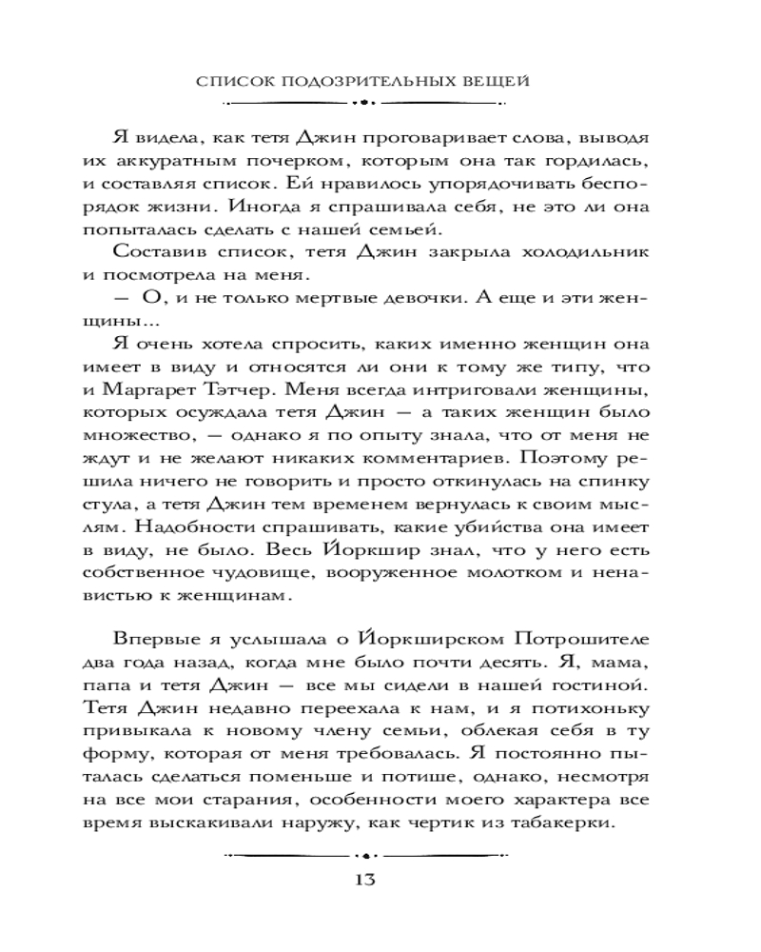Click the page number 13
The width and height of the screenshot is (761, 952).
click(363, 878)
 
